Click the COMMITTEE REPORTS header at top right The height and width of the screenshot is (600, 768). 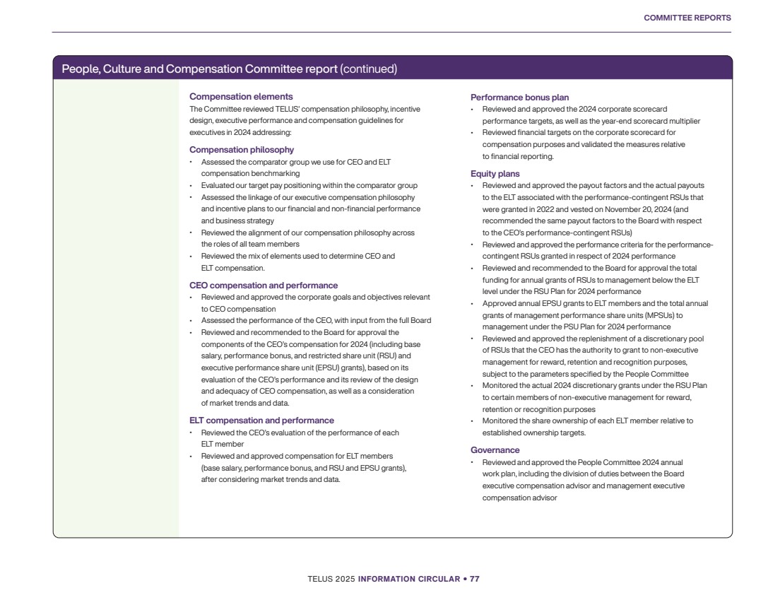(687, 18)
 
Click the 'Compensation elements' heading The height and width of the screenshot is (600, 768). (241, 96)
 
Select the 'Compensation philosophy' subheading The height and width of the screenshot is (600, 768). (242, 150)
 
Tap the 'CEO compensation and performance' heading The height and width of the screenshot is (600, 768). (264, 286)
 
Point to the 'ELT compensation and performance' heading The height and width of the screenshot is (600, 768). (261, 420)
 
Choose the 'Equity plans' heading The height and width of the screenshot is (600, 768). (495, 173)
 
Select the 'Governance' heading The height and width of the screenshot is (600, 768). (495, 450)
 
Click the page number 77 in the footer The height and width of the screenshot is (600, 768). (475, 579)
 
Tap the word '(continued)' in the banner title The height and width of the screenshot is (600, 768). (368, 69)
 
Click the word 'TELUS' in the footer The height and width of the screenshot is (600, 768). (321, 579)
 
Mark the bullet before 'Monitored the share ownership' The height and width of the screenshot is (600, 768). (473, 420)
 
